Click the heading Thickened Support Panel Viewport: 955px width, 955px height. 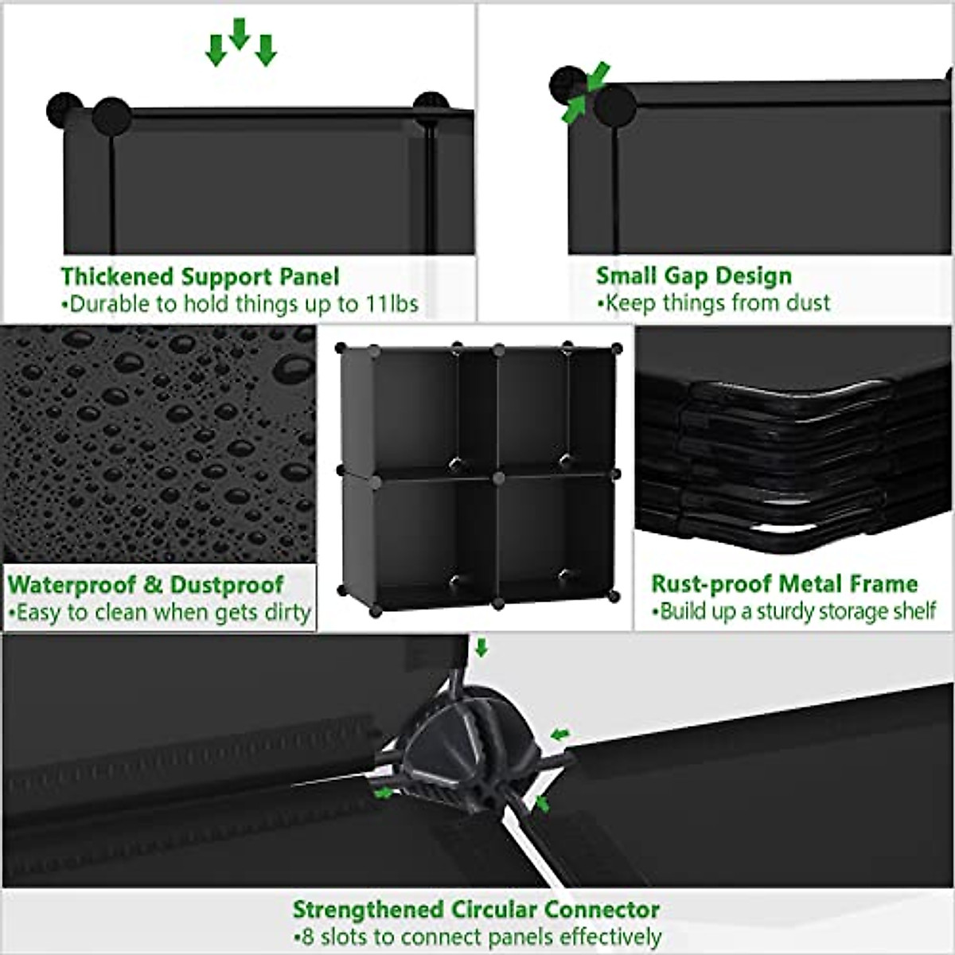200,277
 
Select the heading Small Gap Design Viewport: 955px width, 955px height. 694,276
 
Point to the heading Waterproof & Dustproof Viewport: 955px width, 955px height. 146,585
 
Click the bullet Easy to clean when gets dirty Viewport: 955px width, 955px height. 159,613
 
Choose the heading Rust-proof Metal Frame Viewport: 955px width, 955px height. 784,584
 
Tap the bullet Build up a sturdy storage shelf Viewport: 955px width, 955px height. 793,612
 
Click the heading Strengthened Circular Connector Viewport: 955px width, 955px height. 476,910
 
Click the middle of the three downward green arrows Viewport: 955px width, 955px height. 239,33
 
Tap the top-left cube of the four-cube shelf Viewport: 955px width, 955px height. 414,410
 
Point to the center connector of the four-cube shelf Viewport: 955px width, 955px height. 498,477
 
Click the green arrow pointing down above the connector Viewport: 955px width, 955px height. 481,648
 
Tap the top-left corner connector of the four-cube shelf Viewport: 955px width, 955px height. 341,348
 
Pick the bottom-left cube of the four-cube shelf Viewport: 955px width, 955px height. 414,541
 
